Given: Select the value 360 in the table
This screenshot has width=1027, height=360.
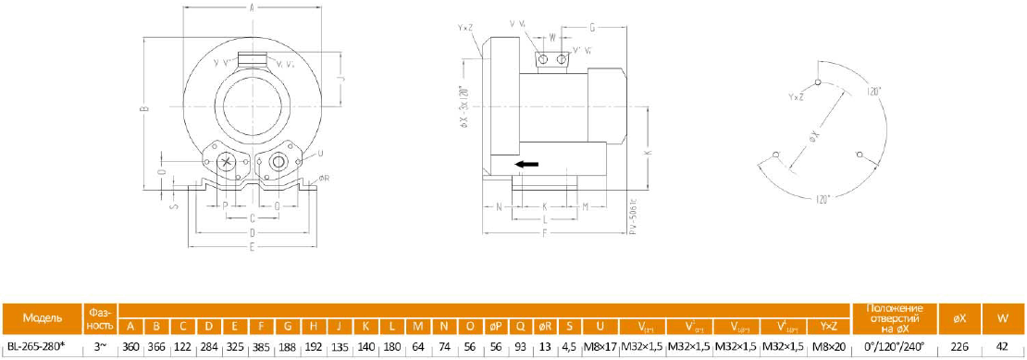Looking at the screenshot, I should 130,346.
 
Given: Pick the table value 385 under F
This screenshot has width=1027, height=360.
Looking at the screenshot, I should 262,346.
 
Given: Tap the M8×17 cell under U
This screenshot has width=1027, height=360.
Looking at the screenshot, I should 600,346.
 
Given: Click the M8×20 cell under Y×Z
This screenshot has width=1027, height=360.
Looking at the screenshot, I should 827,346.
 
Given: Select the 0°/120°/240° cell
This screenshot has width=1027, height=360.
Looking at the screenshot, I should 894,346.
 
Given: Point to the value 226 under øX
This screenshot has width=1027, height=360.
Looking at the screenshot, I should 959,346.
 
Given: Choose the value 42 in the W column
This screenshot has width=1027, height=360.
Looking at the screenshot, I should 1003,346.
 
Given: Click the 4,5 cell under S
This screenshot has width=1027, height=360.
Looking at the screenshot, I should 569,346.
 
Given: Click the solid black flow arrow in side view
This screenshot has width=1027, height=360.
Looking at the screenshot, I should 526,165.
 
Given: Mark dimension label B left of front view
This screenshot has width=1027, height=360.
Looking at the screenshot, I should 143,109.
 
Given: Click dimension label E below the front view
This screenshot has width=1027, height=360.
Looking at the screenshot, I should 252,247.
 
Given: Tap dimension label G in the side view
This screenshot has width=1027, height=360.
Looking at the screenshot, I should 591,28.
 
